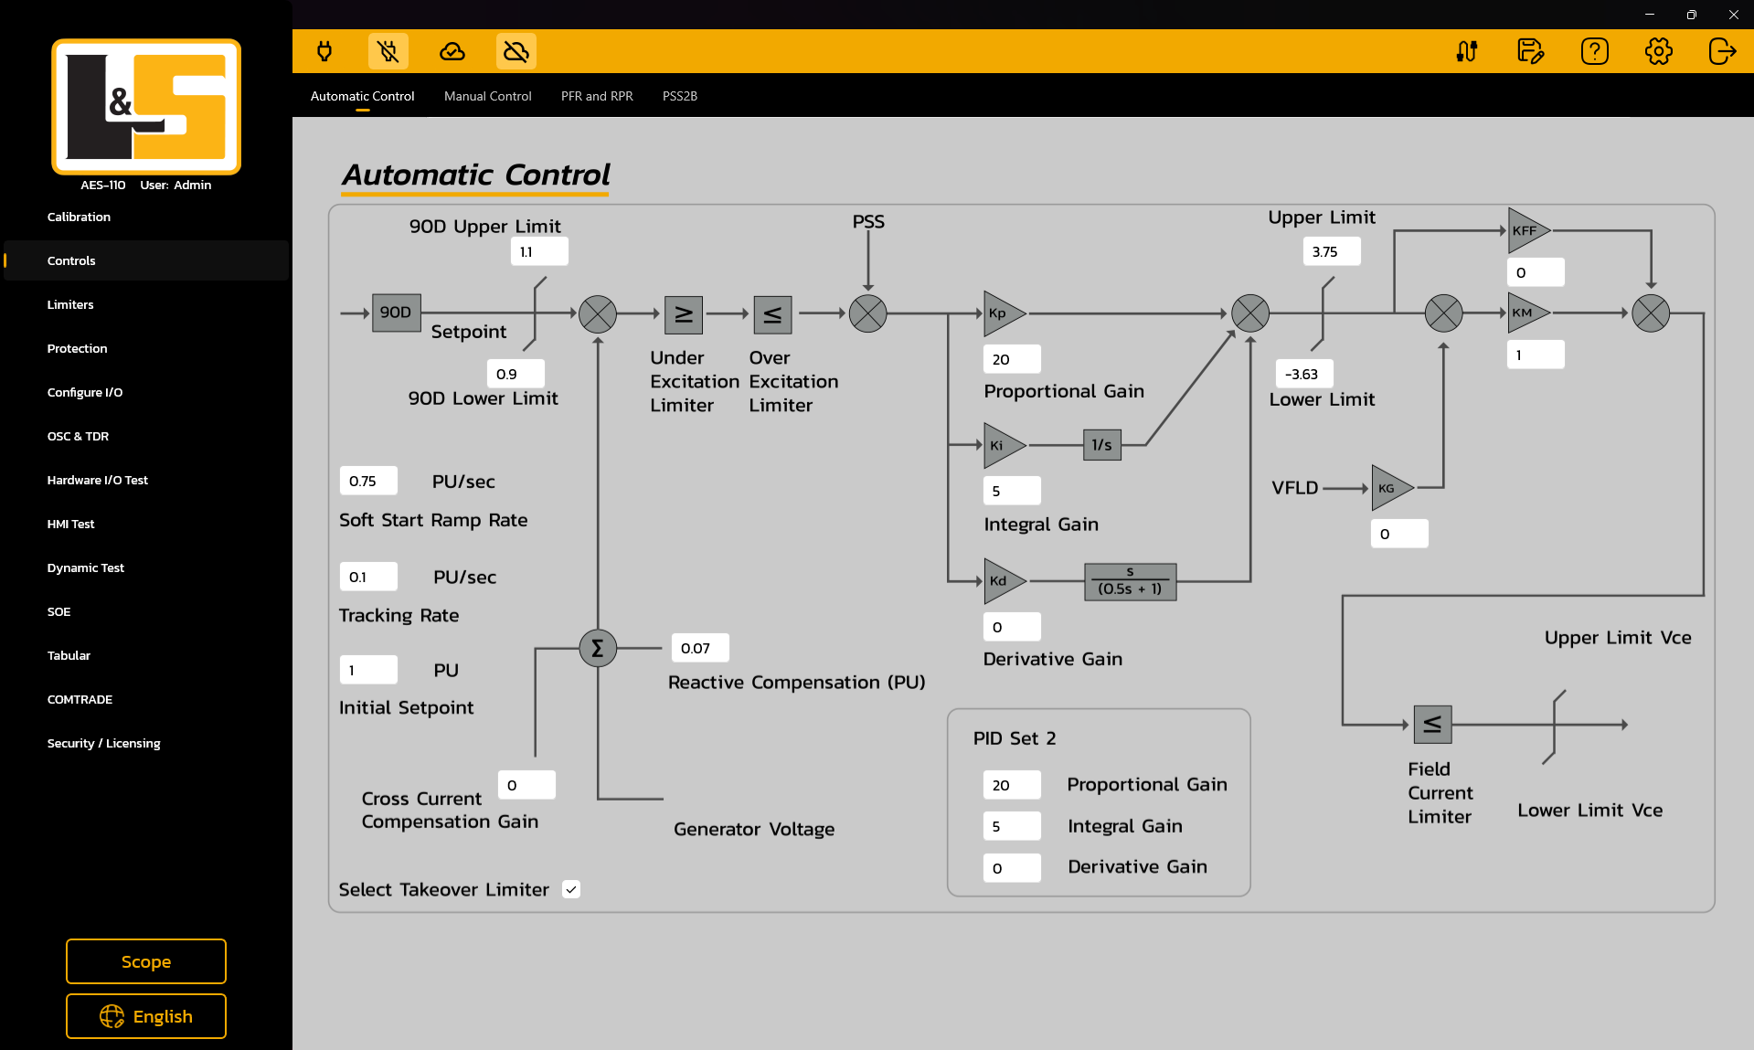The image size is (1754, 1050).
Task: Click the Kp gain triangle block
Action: click(x=1001, y=313)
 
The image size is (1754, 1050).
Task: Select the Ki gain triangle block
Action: click(x=1001, y=446)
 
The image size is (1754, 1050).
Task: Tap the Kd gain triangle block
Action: click(x=1001, y=581)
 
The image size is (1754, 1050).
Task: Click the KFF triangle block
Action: click(x=1525, y=231)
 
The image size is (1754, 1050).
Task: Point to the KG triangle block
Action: click(x=1389, y=488)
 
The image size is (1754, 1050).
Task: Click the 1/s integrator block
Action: click(x=1101, y=445)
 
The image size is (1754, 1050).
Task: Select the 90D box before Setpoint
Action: click(x=396, y=313)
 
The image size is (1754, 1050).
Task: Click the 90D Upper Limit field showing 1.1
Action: click(x=539, y=251)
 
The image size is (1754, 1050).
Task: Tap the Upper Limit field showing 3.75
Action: click(x=1331, y=251)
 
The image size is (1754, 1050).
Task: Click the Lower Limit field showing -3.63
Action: click(x=1303, y=374)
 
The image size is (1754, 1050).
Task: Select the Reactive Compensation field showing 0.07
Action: click(x=700, y=648)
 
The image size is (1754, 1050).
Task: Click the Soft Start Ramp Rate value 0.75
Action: click(x=368, y=481)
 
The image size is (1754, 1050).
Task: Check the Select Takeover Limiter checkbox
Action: click(x=571, y=889)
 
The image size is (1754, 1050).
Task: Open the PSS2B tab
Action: click(x=680, y=96)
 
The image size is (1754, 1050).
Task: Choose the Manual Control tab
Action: click(x=487, y=96)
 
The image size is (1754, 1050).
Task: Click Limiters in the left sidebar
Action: click(x=70, y=304)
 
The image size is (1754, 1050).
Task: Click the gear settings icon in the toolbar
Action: click(x=1658, y=51)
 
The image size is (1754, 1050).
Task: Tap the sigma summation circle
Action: click(x=598, y=648)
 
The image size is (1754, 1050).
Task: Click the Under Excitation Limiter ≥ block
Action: click(x=683, y=314)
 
